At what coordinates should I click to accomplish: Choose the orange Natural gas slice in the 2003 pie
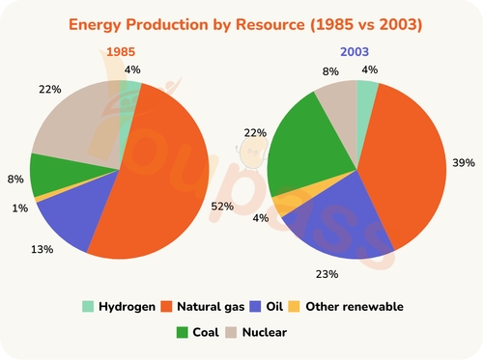point(406,164)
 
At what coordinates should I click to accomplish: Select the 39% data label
point(463,162)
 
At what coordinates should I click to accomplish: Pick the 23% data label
point(327,274)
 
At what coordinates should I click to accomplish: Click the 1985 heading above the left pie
point(121,51)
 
